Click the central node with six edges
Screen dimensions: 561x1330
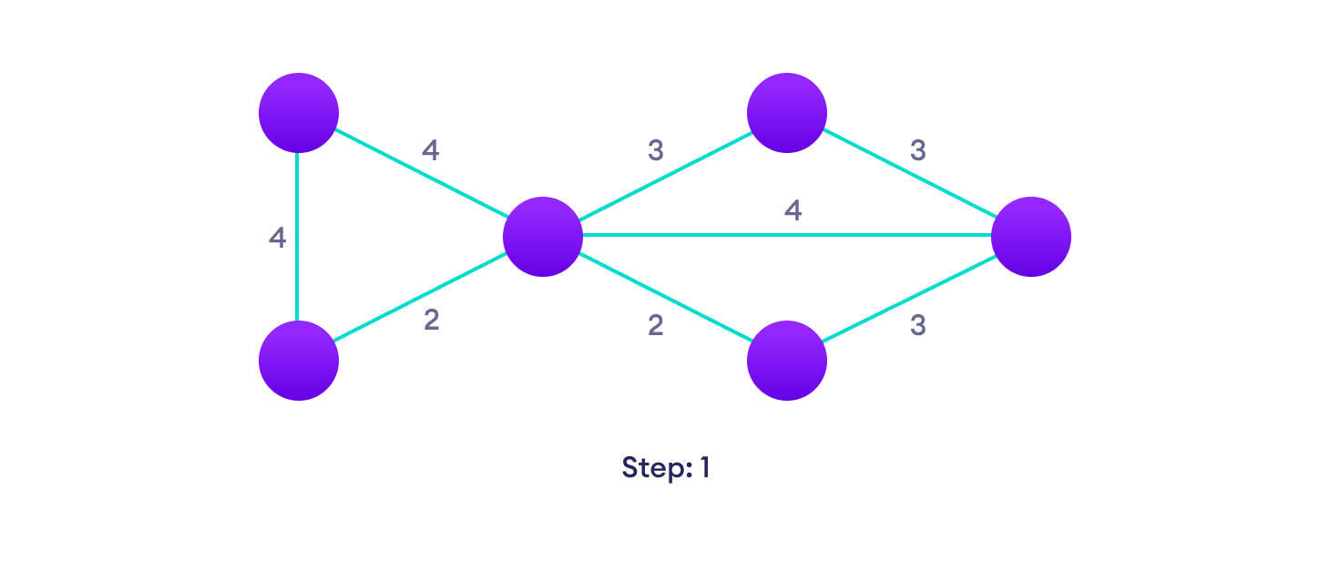[543, 236]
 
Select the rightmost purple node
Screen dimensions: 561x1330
[1030, 236]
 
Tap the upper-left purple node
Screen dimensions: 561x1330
[299, 113]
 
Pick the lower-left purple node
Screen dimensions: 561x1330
[299, 360]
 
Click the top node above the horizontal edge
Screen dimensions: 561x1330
[787, 113]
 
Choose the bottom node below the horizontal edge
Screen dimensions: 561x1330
[787, 360]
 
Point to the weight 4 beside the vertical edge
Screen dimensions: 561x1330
[277, 239]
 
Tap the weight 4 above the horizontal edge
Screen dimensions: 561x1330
[793, 211]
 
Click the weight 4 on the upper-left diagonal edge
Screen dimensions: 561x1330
[430, 151]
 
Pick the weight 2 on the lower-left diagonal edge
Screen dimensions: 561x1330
[431, 321]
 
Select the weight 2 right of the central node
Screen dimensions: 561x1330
[656, 326]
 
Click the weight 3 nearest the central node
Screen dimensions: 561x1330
[655, 151]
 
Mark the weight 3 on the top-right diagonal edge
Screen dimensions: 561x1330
[918, 151]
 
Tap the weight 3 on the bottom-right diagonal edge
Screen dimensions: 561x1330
[918, 326]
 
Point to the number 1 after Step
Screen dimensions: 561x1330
[704, 468]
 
